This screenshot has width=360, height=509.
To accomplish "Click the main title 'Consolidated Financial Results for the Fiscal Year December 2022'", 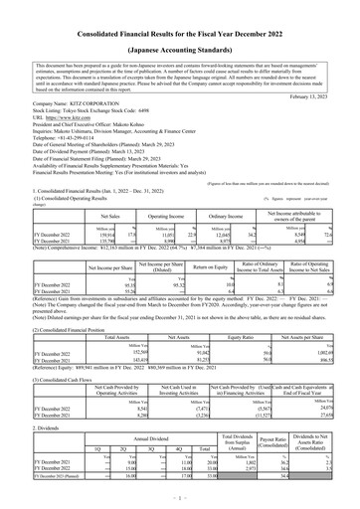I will [x=180, y=10].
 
